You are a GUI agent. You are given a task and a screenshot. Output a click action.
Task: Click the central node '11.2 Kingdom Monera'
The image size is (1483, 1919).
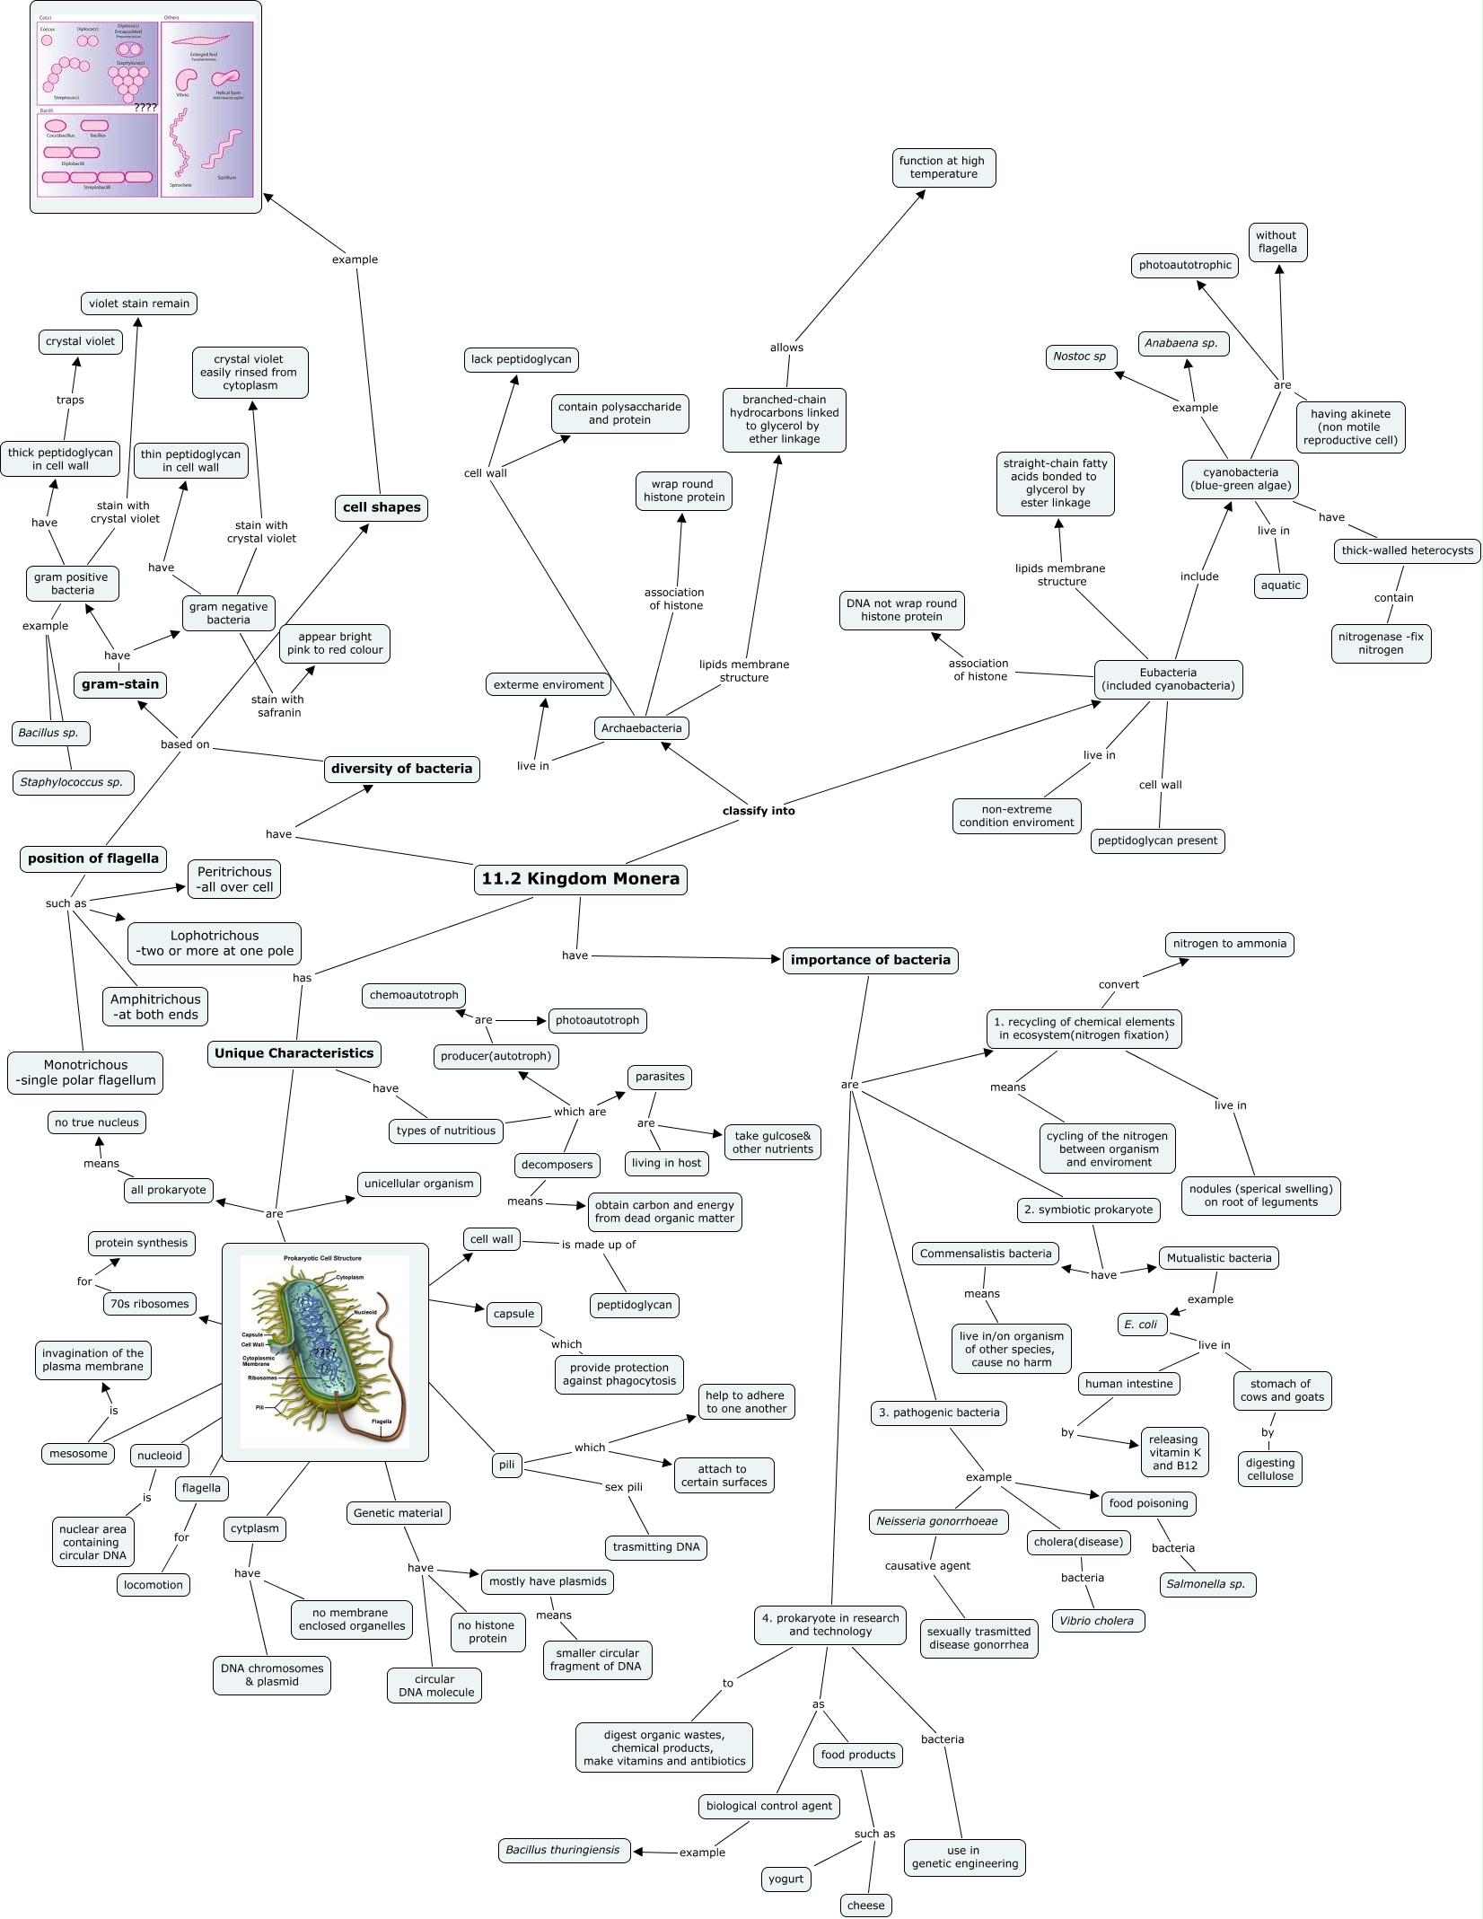580,879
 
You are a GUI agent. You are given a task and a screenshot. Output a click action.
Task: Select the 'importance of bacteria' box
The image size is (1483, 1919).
870,960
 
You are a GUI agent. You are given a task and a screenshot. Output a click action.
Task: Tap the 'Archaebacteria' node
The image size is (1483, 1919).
641,728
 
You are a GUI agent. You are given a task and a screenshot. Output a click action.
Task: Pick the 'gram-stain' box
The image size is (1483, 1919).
120,684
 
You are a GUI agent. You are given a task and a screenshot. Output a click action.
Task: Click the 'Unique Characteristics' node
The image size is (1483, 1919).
294,1053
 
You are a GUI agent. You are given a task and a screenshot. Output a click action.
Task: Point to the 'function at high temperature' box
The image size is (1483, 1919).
943,168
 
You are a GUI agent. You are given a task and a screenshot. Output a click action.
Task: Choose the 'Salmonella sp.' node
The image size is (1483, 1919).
1206,1584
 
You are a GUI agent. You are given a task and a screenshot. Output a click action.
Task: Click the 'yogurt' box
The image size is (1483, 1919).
785,1879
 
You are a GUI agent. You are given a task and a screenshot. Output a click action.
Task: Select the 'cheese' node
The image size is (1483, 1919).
865,1906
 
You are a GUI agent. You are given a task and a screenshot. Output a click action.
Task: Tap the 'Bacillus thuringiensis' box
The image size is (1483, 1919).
563,1850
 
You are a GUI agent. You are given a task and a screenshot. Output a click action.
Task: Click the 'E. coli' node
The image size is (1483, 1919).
1141,1325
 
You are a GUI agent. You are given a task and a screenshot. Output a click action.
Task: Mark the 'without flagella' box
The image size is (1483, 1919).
1277,242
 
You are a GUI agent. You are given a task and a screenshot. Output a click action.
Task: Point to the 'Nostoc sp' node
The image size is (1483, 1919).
1080,357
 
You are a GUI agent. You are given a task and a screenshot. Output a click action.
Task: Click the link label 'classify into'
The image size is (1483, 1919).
759,811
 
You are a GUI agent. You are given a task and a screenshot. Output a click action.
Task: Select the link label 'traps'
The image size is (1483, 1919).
70,401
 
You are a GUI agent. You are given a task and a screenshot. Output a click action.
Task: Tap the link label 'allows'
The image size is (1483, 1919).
786,348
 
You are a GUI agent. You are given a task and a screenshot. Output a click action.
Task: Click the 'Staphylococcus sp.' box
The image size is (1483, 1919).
72,782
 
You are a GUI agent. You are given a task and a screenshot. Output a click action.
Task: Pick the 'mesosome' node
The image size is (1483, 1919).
78,1454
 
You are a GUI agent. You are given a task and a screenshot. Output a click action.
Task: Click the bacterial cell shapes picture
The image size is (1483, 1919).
145,107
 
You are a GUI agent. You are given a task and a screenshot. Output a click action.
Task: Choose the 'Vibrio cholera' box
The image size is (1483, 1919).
1097,1621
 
